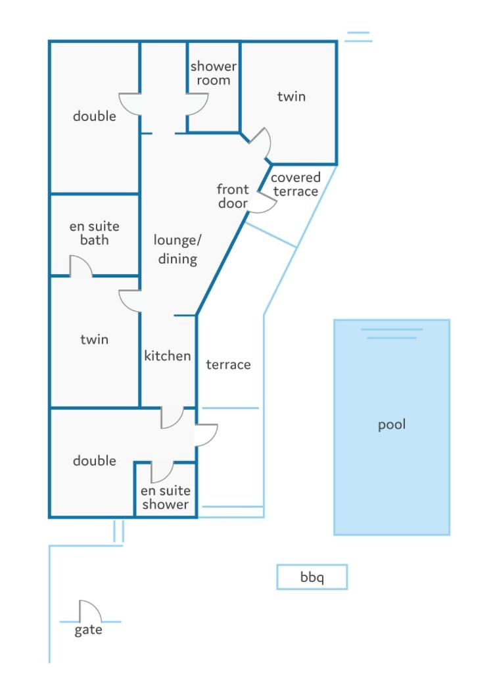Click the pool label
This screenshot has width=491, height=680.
392,425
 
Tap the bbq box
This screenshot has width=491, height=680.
312,577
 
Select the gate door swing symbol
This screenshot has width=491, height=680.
91,612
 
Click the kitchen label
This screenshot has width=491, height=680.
167,356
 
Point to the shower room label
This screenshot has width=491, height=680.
213,73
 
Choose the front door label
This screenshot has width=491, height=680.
233,196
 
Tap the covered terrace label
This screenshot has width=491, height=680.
296,184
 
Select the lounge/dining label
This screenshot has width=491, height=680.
177,249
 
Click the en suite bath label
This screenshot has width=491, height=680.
95,233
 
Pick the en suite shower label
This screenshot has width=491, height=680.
166,497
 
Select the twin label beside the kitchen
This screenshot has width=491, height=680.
95,339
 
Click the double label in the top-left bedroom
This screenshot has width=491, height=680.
95,116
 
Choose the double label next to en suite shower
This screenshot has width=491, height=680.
95,460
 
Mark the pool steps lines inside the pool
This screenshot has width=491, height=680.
392,333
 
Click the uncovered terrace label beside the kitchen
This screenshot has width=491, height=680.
228,365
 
